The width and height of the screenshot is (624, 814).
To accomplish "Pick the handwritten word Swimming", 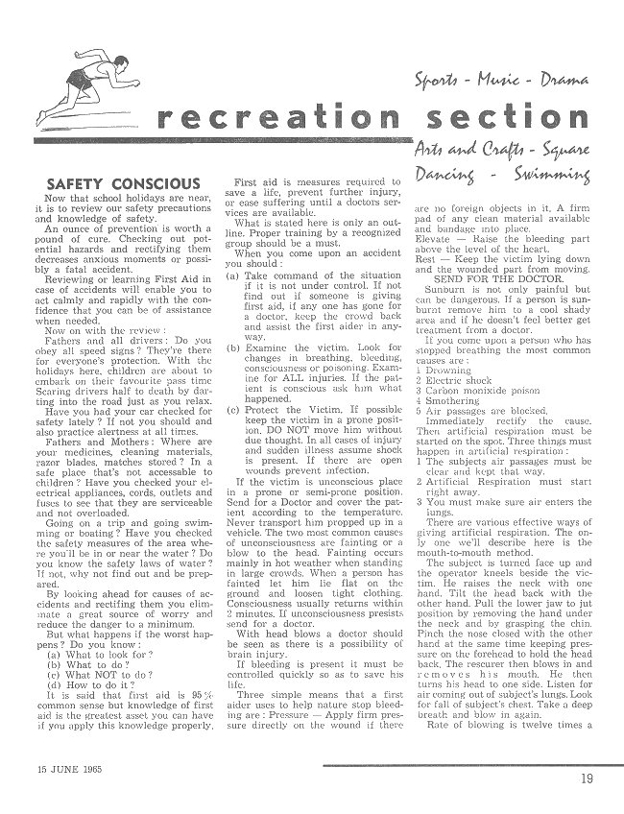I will coord(568,177).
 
